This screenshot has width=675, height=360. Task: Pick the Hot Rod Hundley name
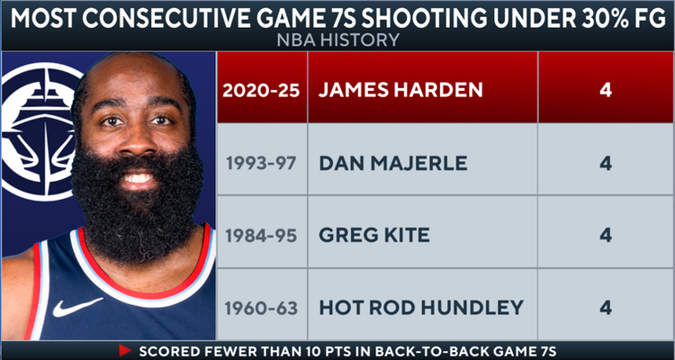pyautogui.click(x=420, y=307)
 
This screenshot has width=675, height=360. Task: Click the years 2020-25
pyautogui.click(x=261, y=92)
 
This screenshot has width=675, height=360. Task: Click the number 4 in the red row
pyautogui.click(x=606, y=92)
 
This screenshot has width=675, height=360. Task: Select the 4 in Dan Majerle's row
pyautogui.click(x=606, y=165)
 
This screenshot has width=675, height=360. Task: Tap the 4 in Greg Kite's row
pyautogui.click(x=606, y=236)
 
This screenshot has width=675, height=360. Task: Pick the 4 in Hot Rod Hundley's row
pyautogui.click(x=606, y=307)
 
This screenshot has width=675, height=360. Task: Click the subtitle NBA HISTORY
pyautogui.click(x=337, y=41)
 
